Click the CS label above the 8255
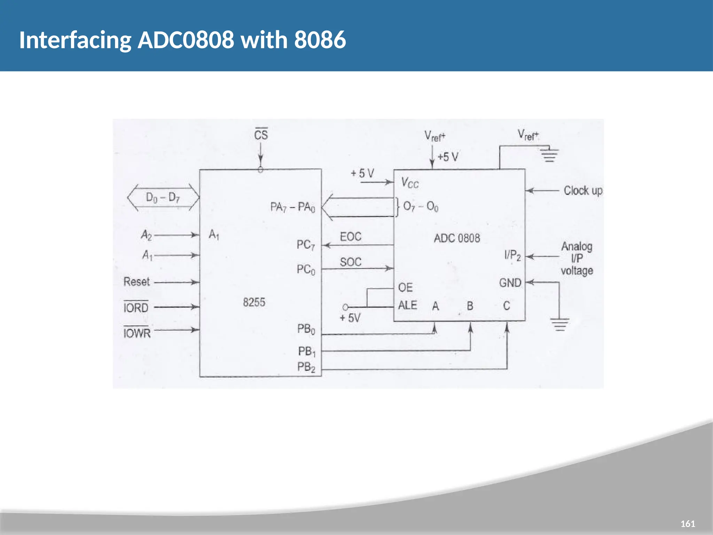(x=261, y=134)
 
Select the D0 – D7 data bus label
(x=163, y=197)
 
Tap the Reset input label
(x=136, y=281)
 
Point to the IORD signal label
(x=136, y=308)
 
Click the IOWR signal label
(x=137, y=333)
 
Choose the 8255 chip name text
(x=254, y=302)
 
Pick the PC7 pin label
(x=306, y=245)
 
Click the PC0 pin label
(x=306, y=269)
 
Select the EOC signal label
(x=351, y=237)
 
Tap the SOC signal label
(x=351, y=262)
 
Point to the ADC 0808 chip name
(x=457, y=238)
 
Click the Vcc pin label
(x=410, y=183)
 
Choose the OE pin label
(x=405, y=287)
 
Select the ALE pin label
(x=407, y=305)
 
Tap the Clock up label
(x=583, y=191)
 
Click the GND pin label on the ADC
(x=510, y=282)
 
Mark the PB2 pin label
(x=306, y=367)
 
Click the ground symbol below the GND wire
(x=559, y=324)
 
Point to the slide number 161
(x=688, y=524)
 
